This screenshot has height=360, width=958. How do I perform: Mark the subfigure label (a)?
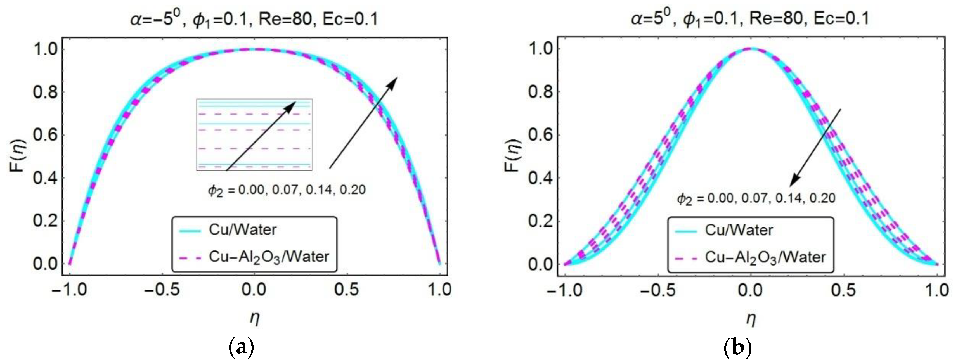242,348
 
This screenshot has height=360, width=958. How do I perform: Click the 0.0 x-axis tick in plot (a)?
254,289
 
